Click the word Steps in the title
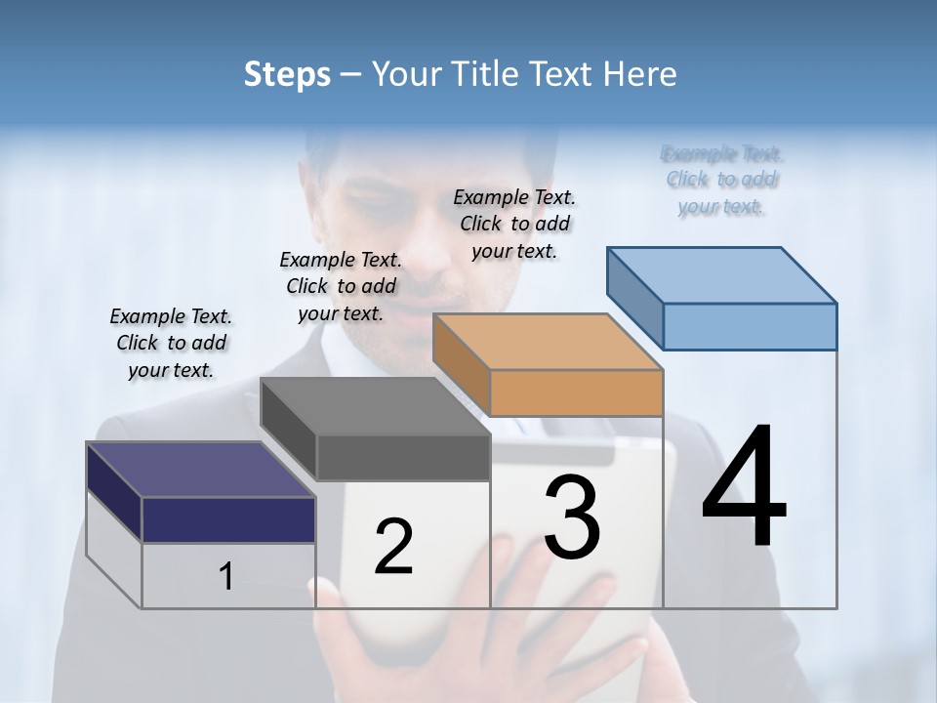tap(287, 74)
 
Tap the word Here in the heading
tap(639, 74)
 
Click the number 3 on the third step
tap(572, 517)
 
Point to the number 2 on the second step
tap(393, 546)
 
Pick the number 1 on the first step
tap(226, 576)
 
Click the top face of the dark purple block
tap(200, 470)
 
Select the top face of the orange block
tap(548, 342)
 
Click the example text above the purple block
tap(171, 343)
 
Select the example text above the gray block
tap(341, 286)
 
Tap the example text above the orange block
tap(514, 224)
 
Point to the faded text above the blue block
tap(721, 180)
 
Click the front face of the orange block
tap(576, 393)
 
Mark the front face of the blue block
tap(750, 326)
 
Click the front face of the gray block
tap(403, 457)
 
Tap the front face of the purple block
tap(228, 519)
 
